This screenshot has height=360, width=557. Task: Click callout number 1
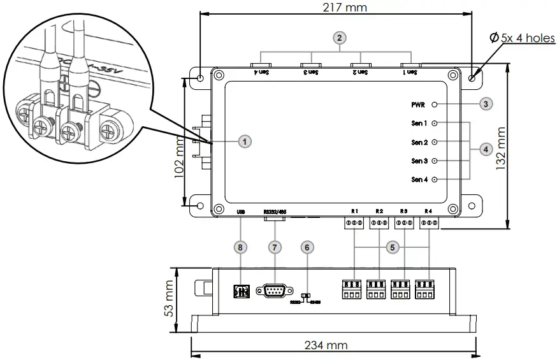click(x=243, y=141)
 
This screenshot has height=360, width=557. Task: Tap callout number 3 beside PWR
click(x=486, y=104)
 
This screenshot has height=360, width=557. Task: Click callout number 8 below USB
click(x=240, y=247)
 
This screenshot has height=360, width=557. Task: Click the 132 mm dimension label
click(x=501, y=146)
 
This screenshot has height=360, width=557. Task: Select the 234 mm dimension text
click(x=326, y=345)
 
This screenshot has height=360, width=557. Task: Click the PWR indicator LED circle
click(x=435, y=104)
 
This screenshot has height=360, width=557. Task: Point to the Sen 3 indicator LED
click(x=435, y=161)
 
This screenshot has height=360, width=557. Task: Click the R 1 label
click(x=354, y=211)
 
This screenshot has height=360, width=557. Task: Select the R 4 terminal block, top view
click(x=430, y=223)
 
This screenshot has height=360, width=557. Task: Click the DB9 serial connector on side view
click(x=274, y=291)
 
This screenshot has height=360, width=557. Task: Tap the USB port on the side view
click(x=241, y=291)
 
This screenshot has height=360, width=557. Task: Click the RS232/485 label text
click(x=275, y=211)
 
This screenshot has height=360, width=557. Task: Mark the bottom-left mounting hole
click(x=200, y=206)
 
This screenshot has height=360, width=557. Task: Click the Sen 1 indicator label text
click(x=419, y=123)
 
